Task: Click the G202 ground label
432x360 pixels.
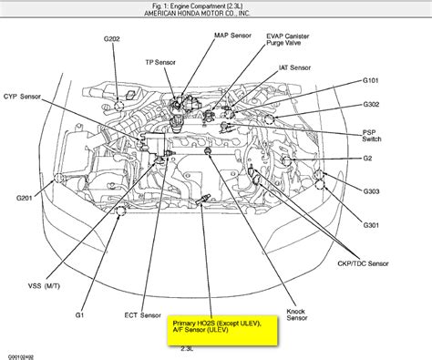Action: [x=112, y=39]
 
